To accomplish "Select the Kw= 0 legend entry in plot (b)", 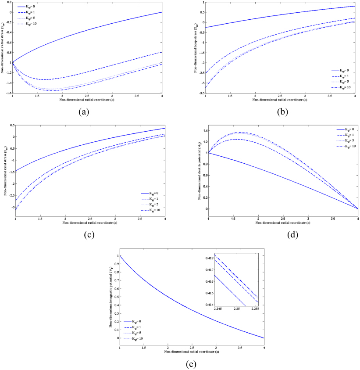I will [x=344, y=70].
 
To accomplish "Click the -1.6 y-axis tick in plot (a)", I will [x=10, y=93].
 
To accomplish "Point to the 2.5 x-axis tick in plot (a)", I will [x=88, y=97].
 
